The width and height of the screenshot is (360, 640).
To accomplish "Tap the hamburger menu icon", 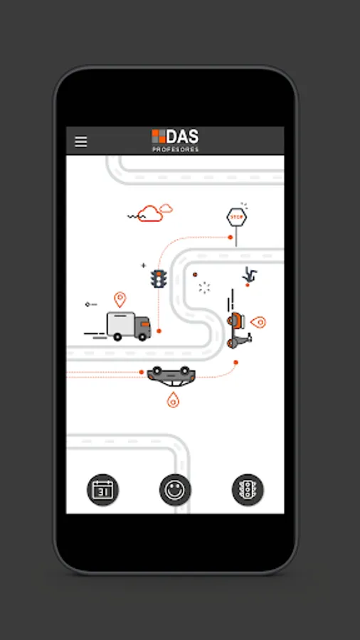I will (81, 141).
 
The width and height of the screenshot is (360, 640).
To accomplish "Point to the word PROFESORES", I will (176, 149).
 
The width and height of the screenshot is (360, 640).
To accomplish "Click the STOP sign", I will (237, 217).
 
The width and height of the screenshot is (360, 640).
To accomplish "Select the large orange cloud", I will (149, 213).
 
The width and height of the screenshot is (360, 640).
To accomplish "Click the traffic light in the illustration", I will (158, 278).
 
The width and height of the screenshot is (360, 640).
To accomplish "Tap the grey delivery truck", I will (129, 326).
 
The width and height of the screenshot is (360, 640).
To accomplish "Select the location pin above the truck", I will (120, 299).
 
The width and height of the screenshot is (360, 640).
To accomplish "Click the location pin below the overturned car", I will (173, 400).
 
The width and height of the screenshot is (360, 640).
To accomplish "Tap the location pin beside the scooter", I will (258, 322).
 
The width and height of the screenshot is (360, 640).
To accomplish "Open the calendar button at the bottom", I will (103, 489).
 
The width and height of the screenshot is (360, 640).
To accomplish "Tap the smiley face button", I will (175, 489).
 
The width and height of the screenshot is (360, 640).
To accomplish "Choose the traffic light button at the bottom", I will (248, 489).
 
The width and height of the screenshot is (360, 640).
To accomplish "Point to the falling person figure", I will (248, 274).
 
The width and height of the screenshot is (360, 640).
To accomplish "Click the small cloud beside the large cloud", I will (166, 208).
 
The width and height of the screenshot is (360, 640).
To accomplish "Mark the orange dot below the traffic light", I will (159, 331).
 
